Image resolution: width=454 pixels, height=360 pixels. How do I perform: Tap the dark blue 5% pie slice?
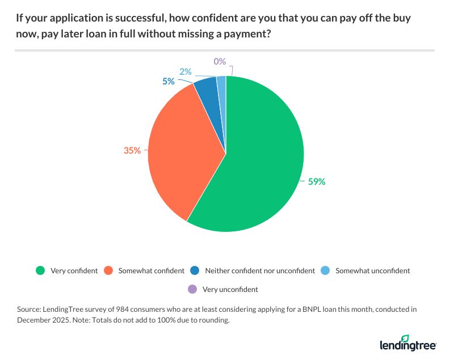point(207,91)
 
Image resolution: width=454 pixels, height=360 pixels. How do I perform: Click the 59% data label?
point(317,182)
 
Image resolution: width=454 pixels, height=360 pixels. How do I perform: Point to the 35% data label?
point(132,151)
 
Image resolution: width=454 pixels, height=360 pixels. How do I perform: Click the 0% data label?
point(220,61)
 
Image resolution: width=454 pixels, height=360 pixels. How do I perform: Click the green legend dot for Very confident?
point(40,270)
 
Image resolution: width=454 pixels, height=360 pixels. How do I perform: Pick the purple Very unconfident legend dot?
point(191,289)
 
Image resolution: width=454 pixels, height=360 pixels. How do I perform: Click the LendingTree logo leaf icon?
point(405,338)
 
